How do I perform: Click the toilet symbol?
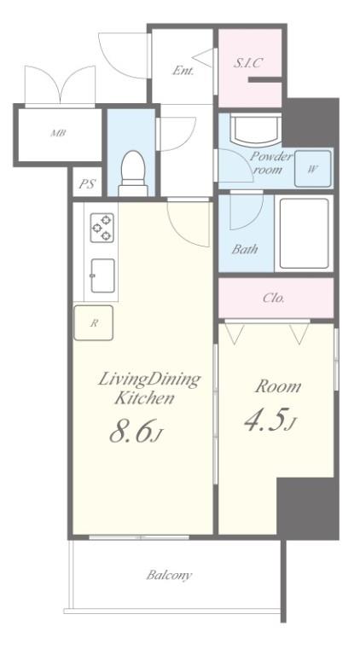point(133,173)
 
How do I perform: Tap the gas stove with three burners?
point(102,228)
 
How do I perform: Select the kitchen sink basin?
point(102,275)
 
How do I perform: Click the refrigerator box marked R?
point(94,323)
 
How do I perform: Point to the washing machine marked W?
point(313,169)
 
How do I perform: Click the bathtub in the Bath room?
point(304,233)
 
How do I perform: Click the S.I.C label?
point(247,63)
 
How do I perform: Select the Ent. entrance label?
point(183,71)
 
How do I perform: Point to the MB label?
point(59,134)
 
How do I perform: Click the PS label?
point(87,184)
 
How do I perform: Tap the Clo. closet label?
point(274,299)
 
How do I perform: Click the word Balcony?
point(169,576)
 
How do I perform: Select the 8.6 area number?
point(131,431)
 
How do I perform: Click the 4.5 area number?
point(265,420)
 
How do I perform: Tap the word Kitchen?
point(144,398)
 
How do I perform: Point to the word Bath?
point(245,250)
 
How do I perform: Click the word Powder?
point(271,157)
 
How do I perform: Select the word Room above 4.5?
point(278,386)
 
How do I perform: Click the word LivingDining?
point(149,380)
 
